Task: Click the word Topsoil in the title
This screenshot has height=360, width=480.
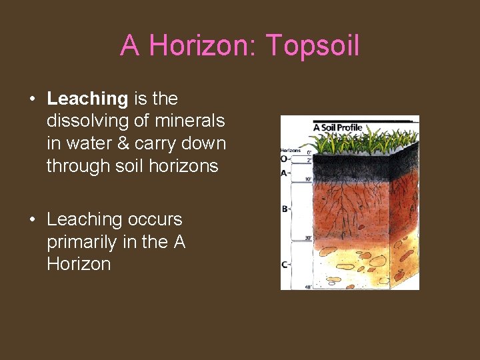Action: click(313, 46)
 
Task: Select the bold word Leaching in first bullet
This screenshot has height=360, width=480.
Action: click(87, 99)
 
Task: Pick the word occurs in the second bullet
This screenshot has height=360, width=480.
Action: click(151, 219)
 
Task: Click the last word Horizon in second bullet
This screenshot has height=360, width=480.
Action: click(79, 264)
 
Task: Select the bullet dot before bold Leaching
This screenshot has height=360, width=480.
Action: click(32, 99)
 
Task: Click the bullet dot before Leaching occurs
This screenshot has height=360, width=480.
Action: click(32, 220)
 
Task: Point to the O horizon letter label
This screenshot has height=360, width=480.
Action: click(285, 159)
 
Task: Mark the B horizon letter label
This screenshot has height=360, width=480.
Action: click(285, 209)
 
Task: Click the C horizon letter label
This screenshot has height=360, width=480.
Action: click(285, 264)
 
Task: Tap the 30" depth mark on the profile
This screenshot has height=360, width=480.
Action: click(308, 237)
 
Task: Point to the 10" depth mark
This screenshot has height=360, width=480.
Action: click(308, 179)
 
